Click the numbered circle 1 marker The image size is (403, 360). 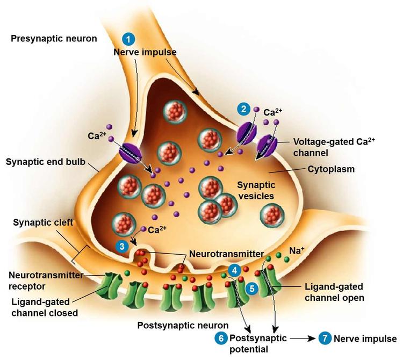(128, 39)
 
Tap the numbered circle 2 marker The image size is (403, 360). (244, 110)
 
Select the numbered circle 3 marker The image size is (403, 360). (123, 246)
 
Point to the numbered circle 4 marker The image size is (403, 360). (234, 270)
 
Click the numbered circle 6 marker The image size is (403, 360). (220, 339)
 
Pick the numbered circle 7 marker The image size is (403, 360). (325, 339)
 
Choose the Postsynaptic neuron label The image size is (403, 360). (183, 325)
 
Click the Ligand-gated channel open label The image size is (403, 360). (333, 291)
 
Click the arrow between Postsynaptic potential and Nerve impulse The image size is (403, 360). (304, 339)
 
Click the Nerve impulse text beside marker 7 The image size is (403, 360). (365, 339)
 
